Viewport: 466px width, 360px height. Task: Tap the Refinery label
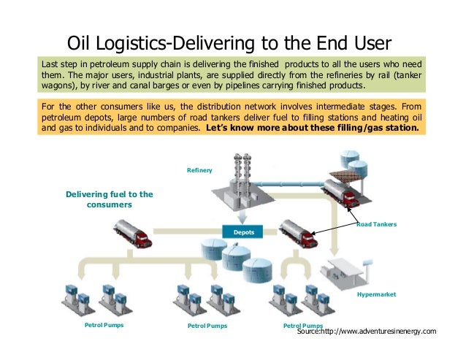pyautogui.click(x=199, y=170)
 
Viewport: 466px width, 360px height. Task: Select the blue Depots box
pyautogui.click(x=243, y=231)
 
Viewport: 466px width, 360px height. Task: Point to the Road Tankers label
pyautogui.click(x=376, y=224)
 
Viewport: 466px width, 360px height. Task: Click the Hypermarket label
pyautogui.click(x=376, y=294)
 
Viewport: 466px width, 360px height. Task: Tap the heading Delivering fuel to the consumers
pyautogui.click(x=109, y=199)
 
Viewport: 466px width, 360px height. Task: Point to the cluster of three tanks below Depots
pyautogui.click(x=245, y=258)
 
